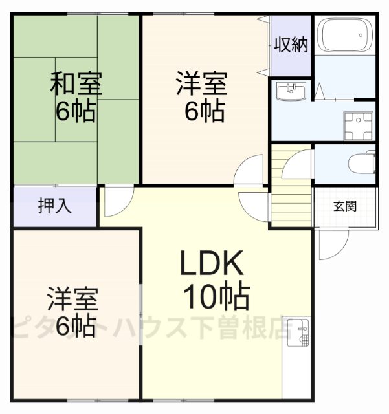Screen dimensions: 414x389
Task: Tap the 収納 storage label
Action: [x=291, y=45]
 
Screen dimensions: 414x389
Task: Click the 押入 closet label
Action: [x=55, y=206]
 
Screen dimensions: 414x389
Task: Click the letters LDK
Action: [x=211, y=265]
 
